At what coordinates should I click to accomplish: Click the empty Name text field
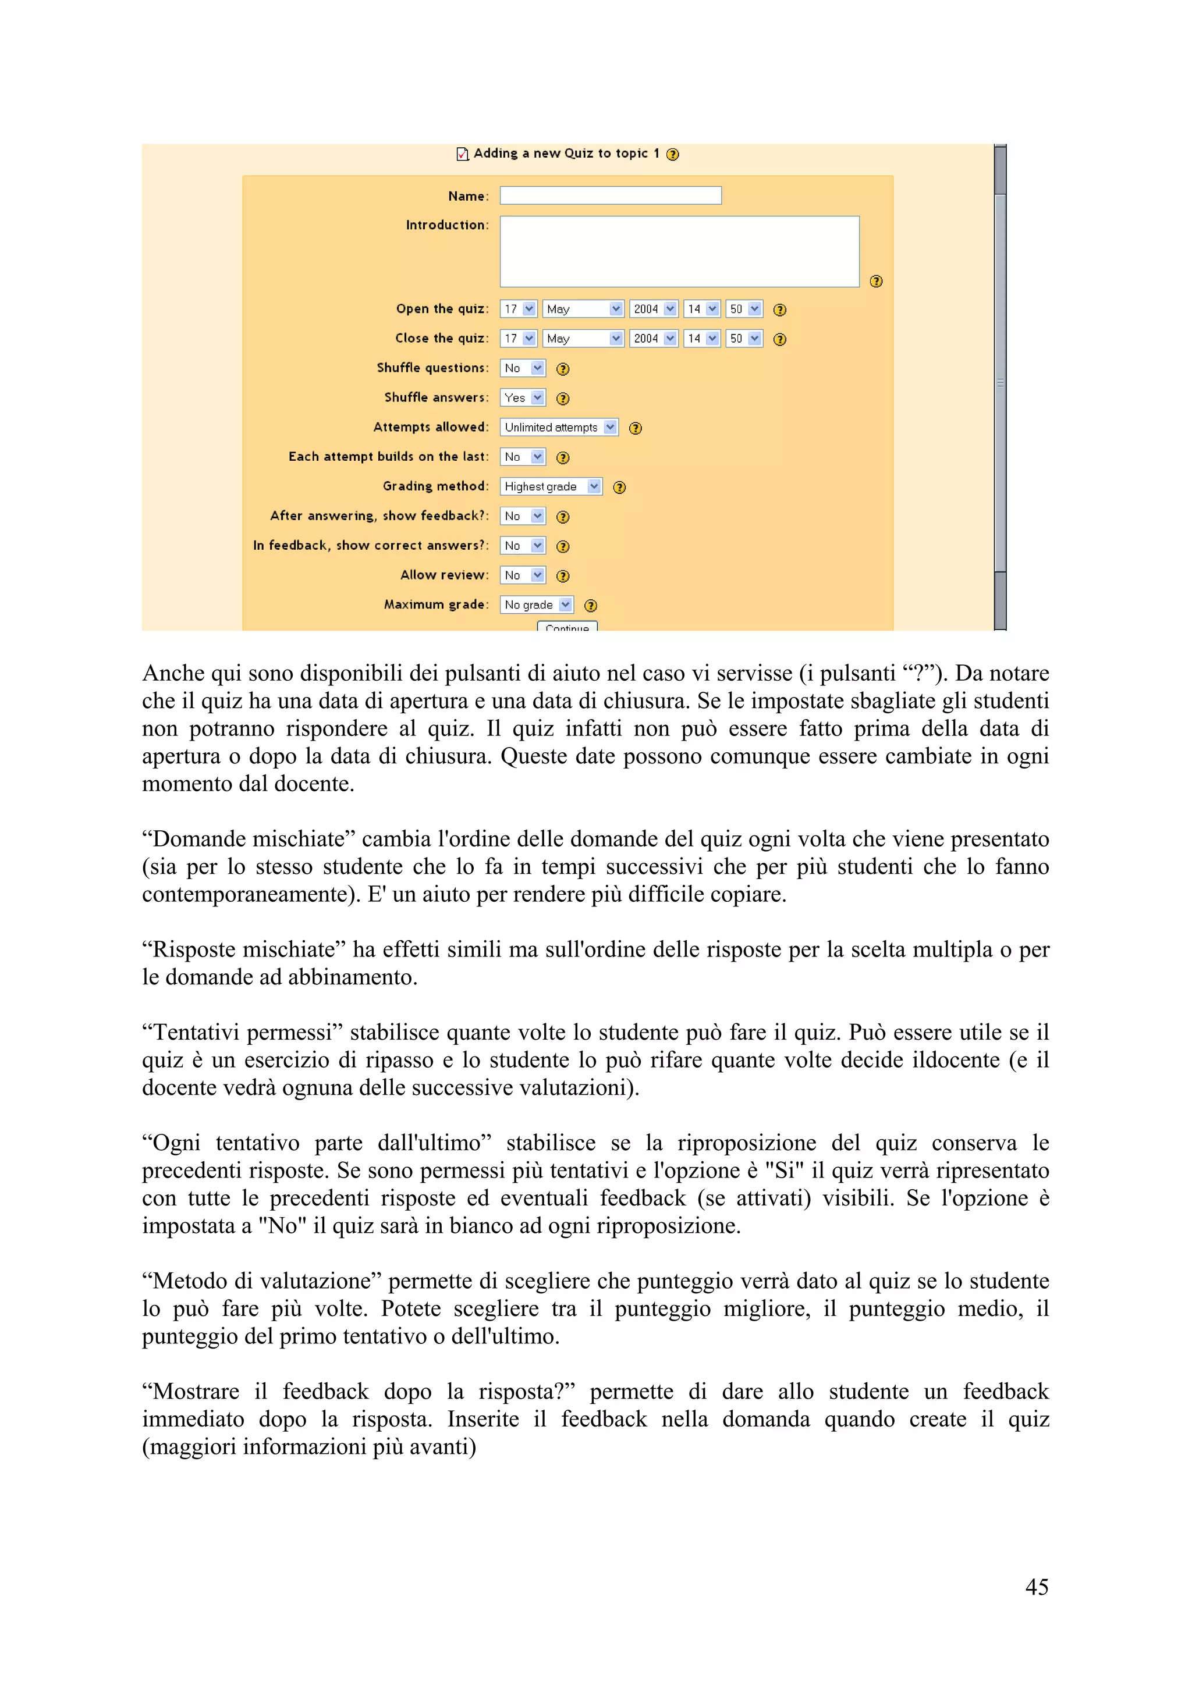coord(611,195)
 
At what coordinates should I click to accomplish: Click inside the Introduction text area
coord(679,251)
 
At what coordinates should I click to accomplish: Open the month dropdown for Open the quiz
coord(583,309)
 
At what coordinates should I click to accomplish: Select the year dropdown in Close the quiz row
coord(653,339)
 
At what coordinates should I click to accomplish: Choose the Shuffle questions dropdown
coord(522,368)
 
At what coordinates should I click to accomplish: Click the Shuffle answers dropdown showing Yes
coord(522,397)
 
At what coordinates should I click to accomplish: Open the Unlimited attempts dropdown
coord(559,428)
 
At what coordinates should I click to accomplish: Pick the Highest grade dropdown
coord(551,486)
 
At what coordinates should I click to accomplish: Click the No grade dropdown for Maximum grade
coord(537,604)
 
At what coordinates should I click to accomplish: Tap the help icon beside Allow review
coord(563,576)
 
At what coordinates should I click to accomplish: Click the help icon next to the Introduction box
coord(875,281)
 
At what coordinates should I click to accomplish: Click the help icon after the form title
coord(672,154)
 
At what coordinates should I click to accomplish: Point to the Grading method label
coord(435,486)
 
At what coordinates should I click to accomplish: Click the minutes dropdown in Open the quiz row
coord(744,309)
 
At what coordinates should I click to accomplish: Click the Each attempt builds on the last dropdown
coord(522,457)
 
